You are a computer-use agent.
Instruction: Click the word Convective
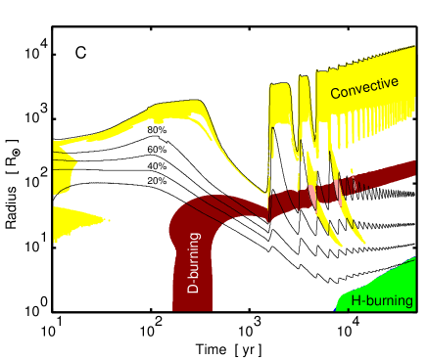pos(364,88)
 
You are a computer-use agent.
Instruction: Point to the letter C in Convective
pos(336,94)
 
